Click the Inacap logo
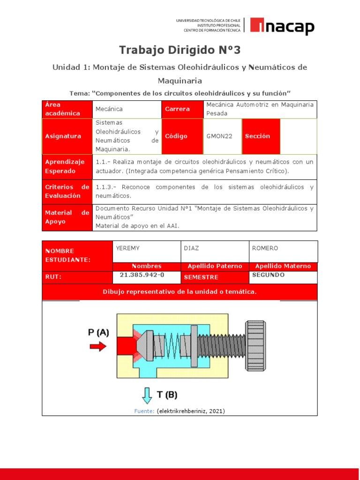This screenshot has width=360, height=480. tap(282, 26)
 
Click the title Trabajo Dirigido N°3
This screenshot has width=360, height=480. tap(180, 50)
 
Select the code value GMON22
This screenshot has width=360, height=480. tap(219, 136)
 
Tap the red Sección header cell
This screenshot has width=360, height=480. tap(261, 136)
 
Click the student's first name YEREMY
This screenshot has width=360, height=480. tap(127, 248)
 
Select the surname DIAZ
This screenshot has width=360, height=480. tap(192, 248)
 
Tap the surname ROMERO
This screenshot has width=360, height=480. tap(265, 248)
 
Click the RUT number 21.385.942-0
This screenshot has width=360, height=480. tap(142, 275)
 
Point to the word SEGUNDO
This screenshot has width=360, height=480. tap(268, 275)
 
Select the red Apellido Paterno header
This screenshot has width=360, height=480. tap(215, 266)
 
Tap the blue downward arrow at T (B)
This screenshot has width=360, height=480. tap(147, 395)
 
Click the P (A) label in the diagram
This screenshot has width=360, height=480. tap(98, 332)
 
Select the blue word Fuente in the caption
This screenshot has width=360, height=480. tap(144, 411)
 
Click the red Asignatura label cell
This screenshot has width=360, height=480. tap(67, 136)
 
